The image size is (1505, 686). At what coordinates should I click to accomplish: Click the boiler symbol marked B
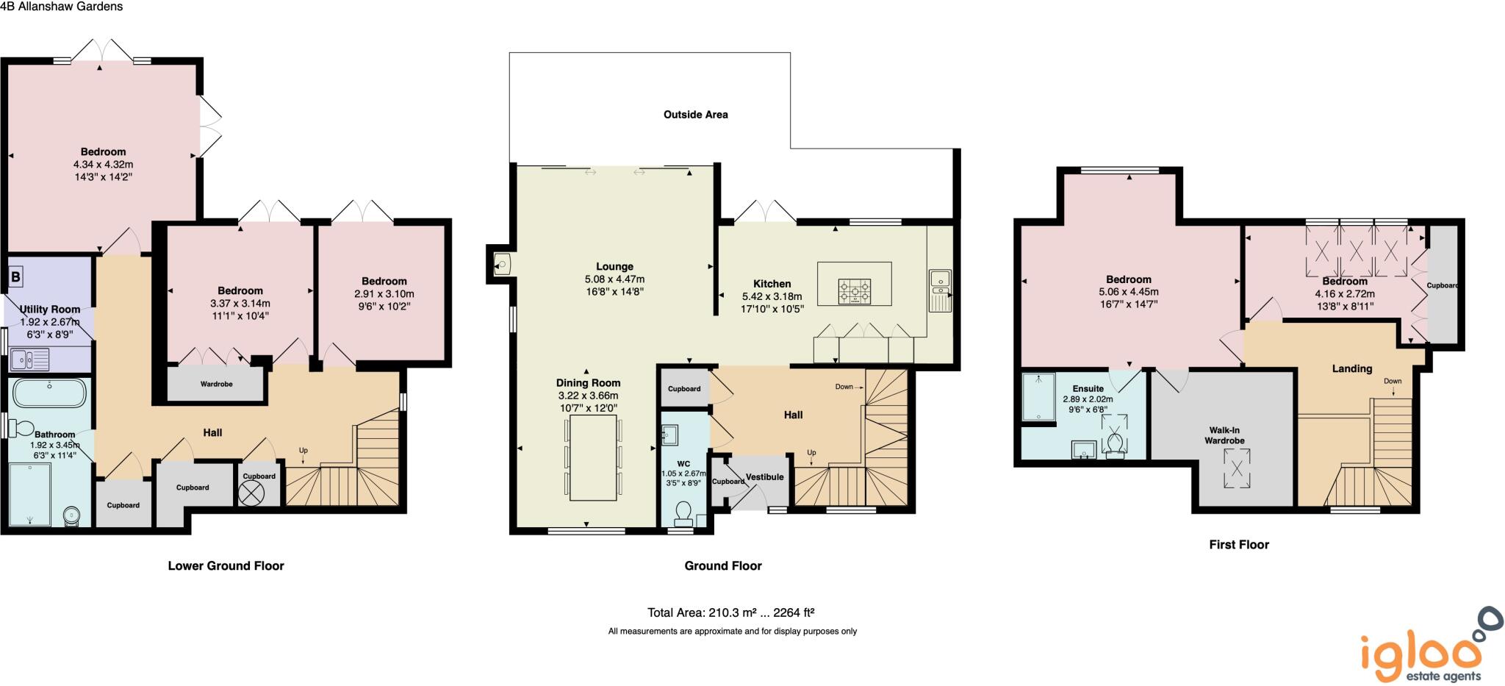click(15, 277)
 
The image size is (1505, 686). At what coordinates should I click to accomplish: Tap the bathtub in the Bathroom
click(49, 393)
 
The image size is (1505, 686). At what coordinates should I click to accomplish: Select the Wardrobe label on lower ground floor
click(216, 385)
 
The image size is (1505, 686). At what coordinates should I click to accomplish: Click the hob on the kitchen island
click(855, 291)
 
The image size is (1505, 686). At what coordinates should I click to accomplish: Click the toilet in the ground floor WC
click(683, 512)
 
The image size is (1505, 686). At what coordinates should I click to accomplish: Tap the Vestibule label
click(764, 477)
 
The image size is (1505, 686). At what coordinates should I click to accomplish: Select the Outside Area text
click(695, 115)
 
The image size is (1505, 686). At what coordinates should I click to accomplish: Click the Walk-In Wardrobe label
click(1224, 435)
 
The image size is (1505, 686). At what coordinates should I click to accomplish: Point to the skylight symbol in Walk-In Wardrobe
click(1237, 468)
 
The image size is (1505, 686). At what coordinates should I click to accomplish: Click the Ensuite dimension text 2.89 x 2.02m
click(1088, 399)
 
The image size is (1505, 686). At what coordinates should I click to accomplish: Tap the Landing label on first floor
click(1351, 369)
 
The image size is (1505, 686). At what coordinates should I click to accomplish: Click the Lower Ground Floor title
click(226, 565)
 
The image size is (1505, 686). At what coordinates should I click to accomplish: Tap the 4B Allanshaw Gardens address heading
click(62, 7)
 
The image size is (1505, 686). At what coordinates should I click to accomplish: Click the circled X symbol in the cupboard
click(251, 493)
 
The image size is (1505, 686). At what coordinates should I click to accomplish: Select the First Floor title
click(1239, 545)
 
